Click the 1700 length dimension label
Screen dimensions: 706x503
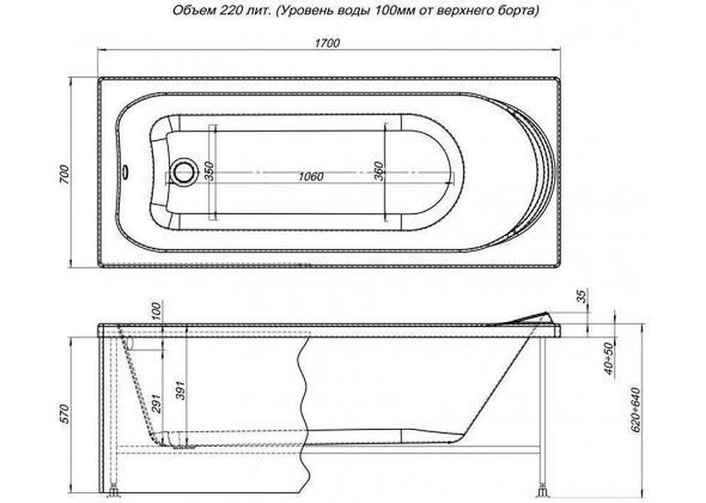tap(327, 44)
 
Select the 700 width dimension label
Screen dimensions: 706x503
tap(64, 174)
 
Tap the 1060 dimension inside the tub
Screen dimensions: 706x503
tap(311, 176)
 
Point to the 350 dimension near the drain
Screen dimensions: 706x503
tap(209, 171)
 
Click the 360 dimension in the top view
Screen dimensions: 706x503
tap(379, 171)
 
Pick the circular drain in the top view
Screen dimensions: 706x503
tap(183, 171)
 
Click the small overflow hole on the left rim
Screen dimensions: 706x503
tap(125, 171)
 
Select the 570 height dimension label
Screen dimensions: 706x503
tap(64, 414)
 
